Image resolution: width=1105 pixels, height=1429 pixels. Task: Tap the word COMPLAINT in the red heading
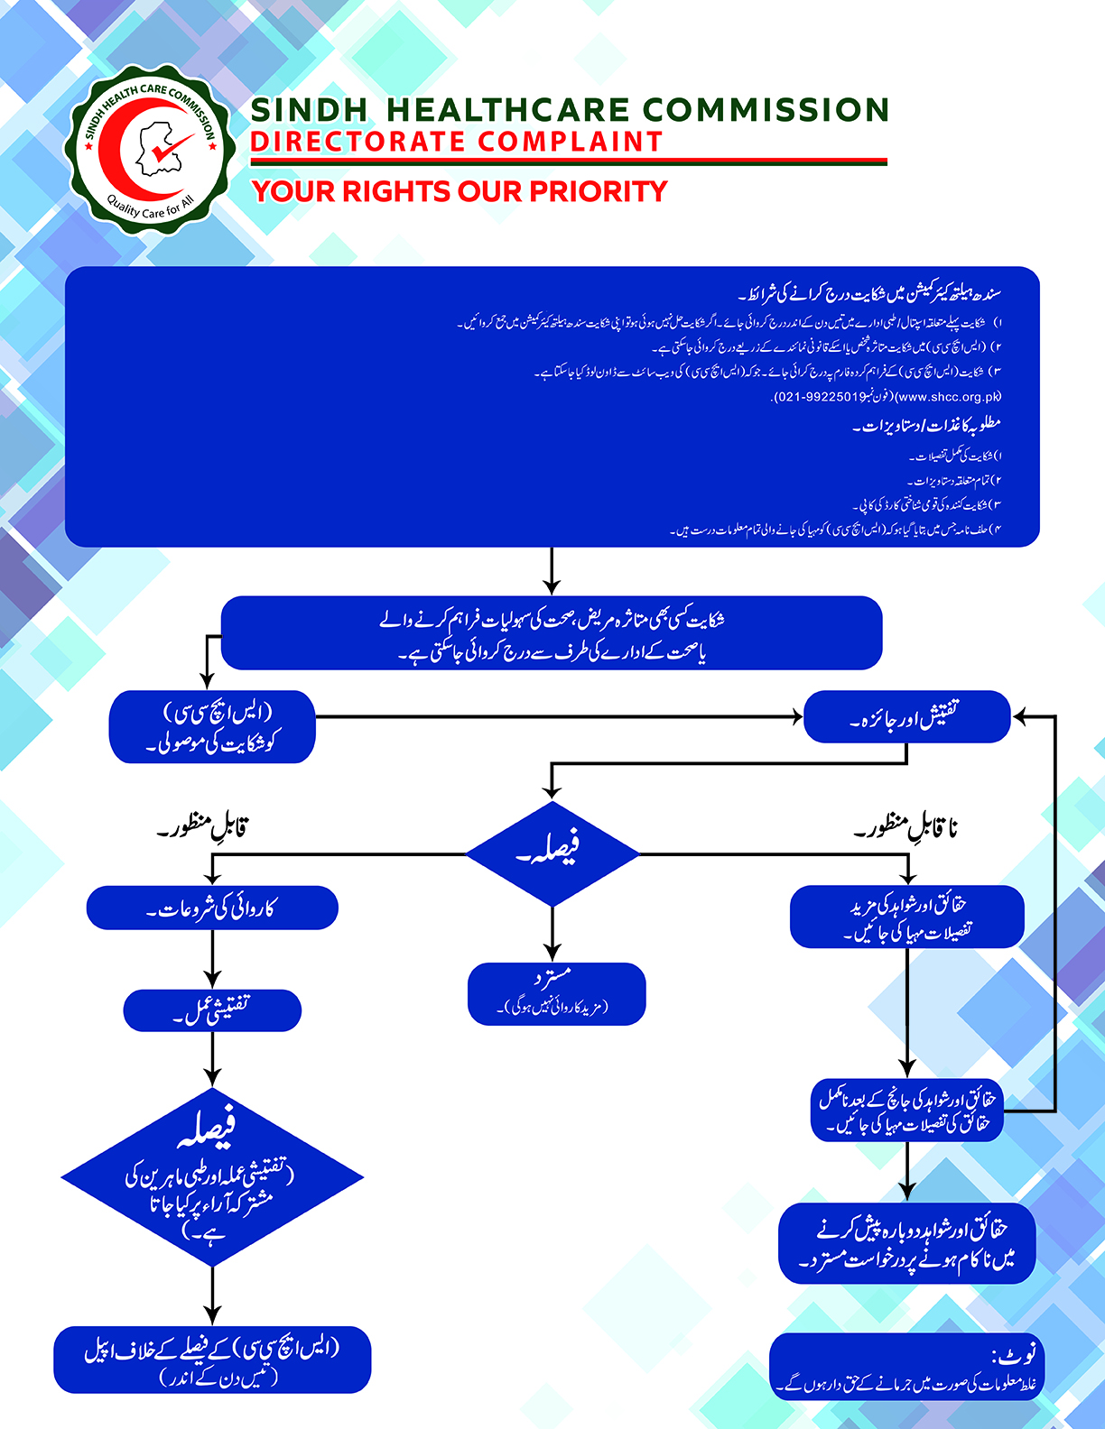click(x=571, y=142)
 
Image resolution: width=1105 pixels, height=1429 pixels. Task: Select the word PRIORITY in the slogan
click(x=598, y=191)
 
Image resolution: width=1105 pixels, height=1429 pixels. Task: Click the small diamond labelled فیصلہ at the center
click(x=552, y=853)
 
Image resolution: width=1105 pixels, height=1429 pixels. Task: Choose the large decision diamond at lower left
click(x=212, y=1176)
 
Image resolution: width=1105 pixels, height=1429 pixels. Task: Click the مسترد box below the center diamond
click(x=556, y=993)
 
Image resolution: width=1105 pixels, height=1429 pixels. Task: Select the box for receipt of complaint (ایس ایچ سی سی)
click(x=212, y=727)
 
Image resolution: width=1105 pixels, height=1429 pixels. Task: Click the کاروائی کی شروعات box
click(x=212, y=908)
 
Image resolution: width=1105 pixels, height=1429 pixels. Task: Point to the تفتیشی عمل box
click(x=212, y=1010)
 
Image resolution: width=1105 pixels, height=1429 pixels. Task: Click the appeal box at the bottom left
click(x=212, y=1359)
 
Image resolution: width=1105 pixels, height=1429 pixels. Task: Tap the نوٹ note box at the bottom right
click(x=906, y=1368)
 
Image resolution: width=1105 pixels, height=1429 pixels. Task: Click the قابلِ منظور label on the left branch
click(x=203, y=826)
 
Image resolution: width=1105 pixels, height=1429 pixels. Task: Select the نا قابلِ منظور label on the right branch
click(x=906, y=826)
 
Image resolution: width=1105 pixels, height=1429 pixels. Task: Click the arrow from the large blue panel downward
click(x=552, y=572)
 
